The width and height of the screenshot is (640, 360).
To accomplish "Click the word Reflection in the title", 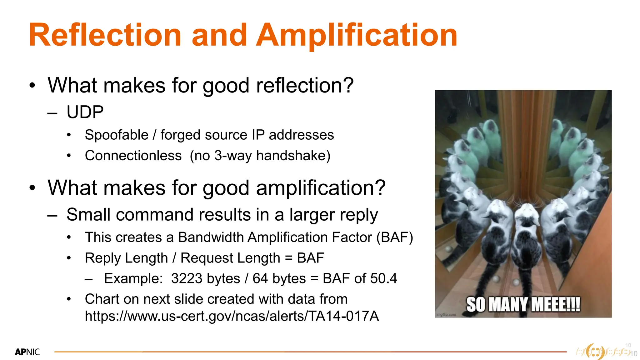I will [105, 35].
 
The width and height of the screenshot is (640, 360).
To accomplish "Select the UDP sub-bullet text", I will [85, 112].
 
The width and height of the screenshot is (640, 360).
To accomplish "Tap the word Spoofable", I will [117, 135].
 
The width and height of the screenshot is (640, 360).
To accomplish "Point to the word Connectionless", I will [133, 156].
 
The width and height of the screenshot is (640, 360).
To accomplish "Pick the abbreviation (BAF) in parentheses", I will [395, 237].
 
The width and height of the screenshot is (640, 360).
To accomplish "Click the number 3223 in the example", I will [186, 278].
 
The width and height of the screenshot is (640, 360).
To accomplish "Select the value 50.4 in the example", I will [383, 278].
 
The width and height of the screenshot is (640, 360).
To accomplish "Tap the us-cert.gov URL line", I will [232, 316].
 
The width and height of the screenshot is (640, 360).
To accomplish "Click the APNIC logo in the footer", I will [27, 352].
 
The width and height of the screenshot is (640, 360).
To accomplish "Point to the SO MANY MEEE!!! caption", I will [523, 305].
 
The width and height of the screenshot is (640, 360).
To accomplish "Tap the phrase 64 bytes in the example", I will [279, 278].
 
